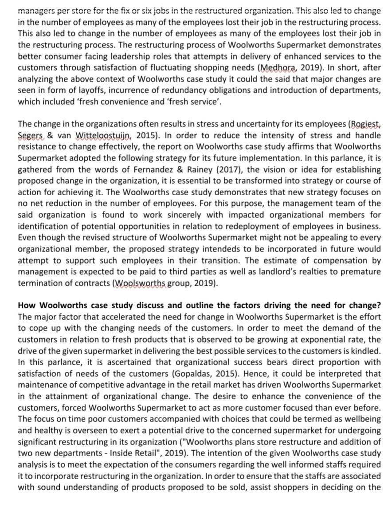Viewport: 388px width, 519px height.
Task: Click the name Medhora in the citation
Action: tap(275, 68)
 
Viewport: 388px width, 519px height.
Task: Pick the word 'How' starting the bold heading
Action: tap(27, 306)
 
